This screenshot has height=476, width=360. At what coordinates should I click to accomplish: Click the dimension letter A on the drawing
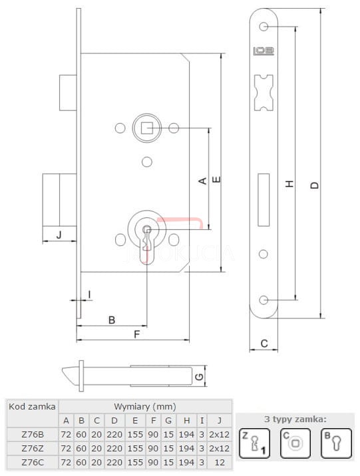click(x=203, y=181)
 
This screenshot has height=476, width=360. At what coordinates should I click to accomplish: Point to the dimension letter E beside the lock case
click(x=216, y=179)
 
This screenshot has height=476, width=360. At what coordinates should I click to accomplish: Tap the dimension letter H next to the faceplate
click(x=289, y=183)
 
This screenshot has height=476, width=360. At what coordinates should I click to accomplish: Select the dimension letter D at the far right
click(x=315, y=185)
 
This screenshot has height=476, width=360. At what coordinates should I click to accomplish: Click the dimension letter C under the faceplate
click(x=264, y=343)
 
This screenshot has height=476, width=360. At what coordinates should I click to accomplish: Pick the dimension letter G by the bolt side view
click(x=199, y=377)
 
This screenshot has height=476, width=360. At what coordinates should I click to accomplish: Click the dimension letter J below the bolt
click(x=59, y=235)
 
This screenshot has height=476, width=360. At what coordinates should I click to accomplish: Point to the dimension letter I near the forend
click(x=89, y=294)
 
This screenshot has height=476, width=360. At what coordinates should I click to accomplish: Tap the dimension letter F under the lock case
click(x=137, y=334)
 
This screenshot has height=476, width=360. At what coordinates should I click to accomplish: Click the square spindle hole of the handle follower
click(x=147, y=128)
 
